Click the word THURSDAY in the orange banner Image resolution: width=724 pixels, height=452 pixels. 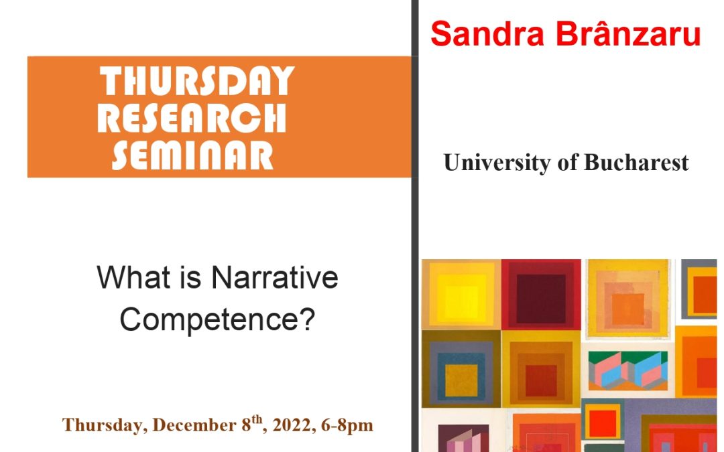tap(197, 82)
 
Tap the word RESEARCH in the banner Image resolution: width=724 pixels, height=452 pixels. tap(192, 119)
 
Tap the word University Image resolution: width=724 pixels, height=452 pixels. tap(497, 163)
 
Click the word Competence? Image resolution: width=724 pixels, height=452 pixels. tap(217, 320)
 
